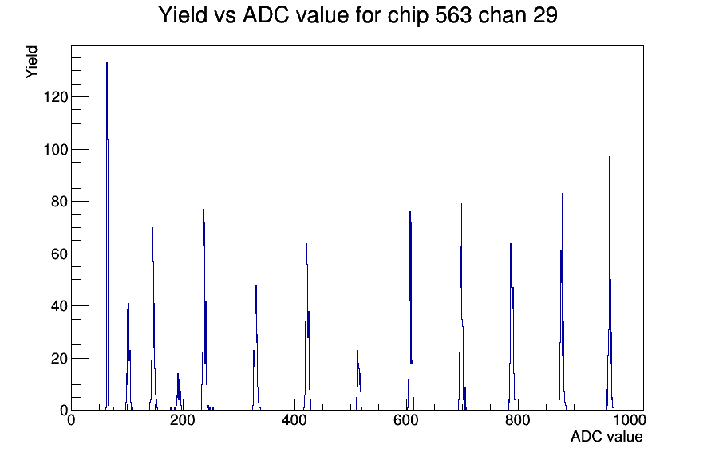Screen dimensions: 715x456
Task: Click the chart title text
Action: click(358, 15)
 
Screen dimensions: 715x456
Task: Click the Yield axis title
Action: click(31, 62)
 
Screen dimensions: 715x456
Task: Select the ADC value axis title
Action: click(606, 436)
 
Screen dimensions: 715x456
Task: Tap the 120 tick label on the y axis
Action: click(56, 97)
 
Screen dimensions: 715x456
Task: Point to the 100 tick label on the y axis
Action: click(56, 149)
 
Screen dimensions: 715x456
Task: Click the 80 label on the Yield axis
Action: click(60, 202)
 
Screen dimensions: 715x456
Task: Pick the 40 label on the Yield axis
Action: click(60, 305)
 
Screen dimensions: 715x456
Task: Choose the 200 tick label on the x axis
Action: click(183, 419)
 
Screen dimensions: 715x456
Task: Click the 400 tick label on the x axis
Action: click(294, 419)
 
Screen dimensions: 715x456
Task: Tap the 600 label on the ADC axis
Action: click(406, 419)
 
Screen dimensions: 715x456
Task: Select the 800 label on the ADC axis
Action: click(518, 419)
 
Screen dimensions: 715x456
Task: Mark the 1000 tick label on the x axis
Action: click(630, 419)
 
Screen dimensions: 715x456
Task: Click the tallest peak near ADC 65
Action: click(107, 237)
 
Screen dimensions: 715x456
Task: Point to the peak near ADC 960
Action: click(609, 282)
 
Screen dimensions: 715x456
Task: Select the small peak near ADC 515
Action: click(358, 380)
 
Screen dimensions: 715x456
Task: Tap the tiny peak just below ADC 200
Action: click(179, 391)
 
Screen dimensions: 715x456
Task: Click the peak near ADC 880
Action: click(562, 301)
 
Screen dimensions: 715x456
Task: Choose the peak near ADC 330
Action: click(255, 328)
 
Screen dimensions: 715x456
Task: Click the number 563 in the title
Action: click(452, 15)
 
